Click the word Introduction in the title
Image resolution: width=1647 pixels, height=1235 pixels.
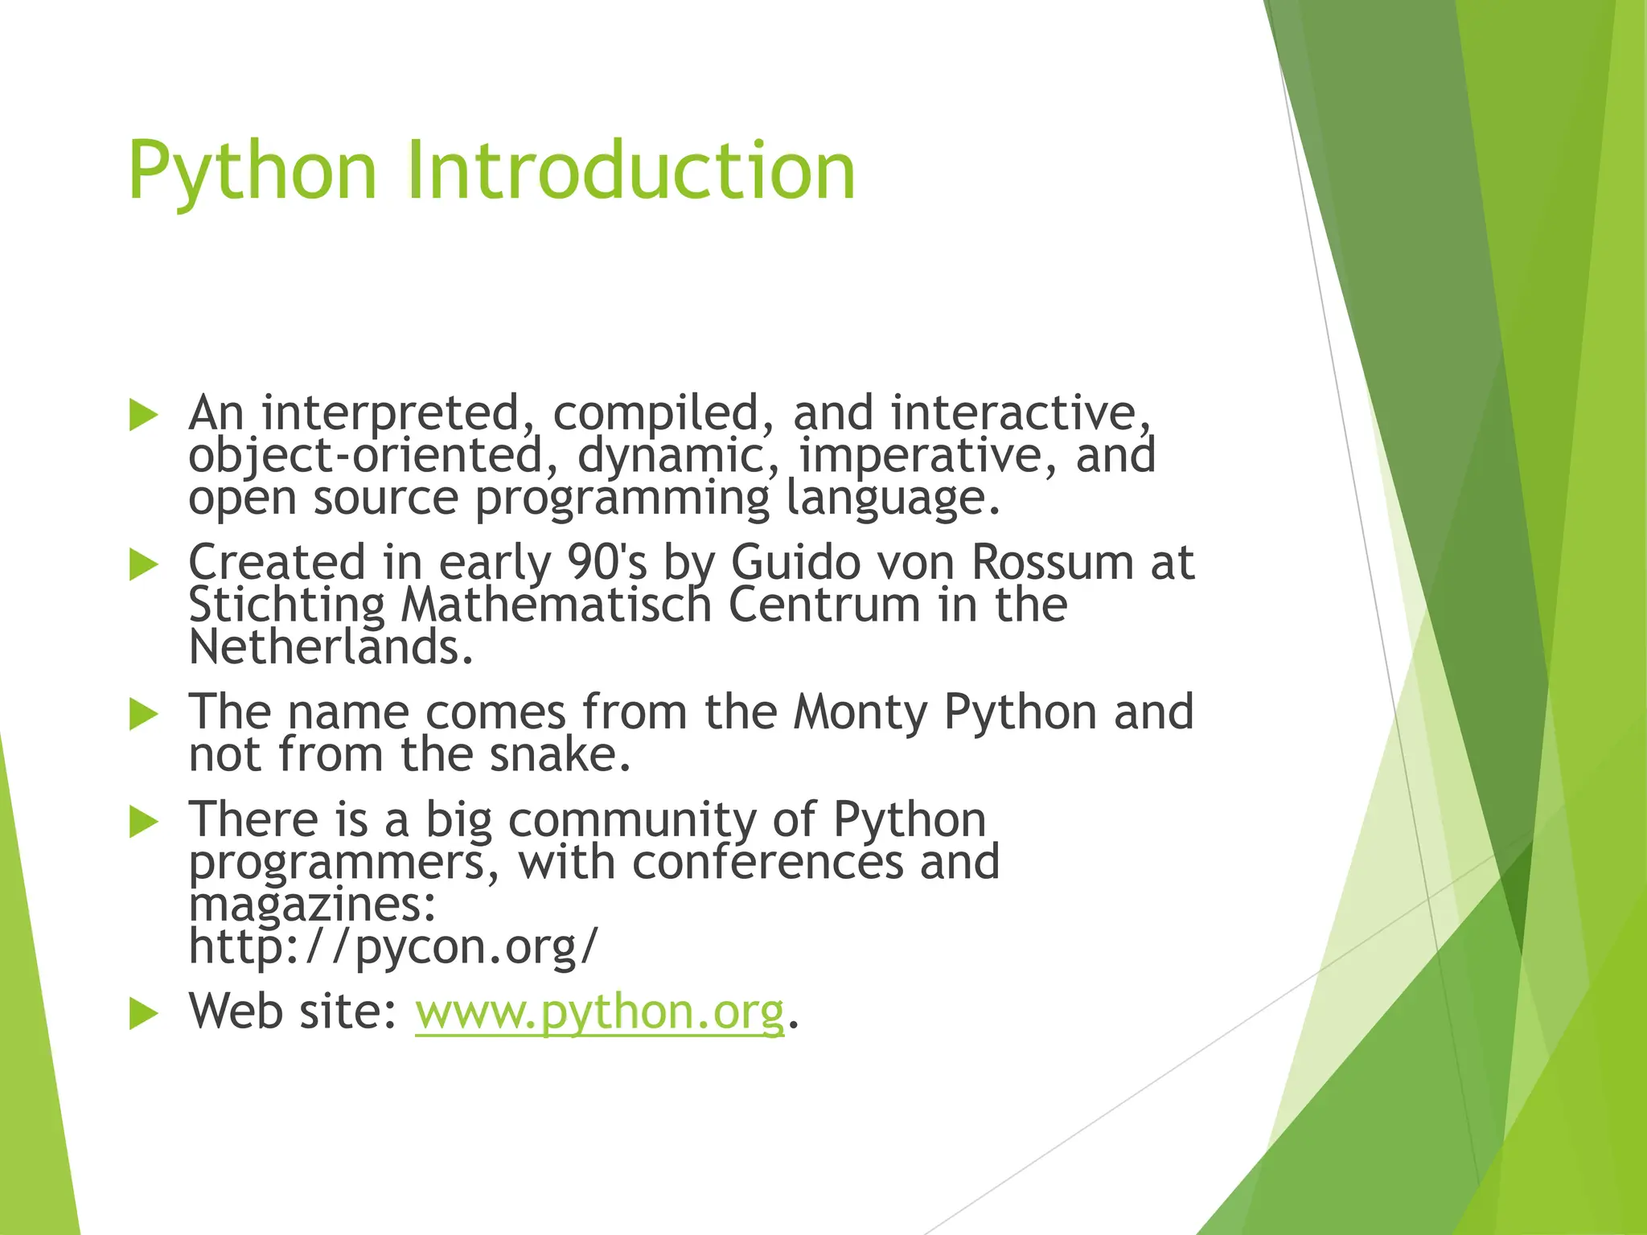(631, 170)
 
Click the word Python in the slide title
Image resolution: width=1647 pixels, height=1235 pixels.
(252, 170)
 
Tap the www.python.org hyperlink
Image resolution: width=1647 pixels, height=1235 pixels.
(599, 1011)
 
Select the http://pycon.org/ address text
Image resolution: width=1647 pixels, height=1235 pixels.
(393, 946)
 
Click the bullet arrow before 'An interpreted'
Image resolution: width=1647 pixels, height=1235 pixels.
(143, 416)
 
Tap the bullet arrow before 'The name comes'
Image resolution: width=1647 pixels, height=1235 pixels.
(143, 714)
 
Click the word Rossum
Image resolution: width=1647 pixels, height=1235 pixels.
(1051, 562)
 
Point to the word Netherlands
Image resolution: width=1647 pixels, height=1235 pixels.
(330, 648)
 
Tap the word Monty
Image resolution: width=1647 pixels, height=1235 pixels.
(859, 712)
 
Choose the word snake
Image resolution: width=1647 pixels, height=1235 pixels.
(560, 756)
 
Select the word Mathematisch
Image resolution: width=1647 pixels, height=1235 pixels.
(556, 605)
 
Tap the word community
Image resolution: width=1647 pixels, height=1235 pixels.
(632, 820)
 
